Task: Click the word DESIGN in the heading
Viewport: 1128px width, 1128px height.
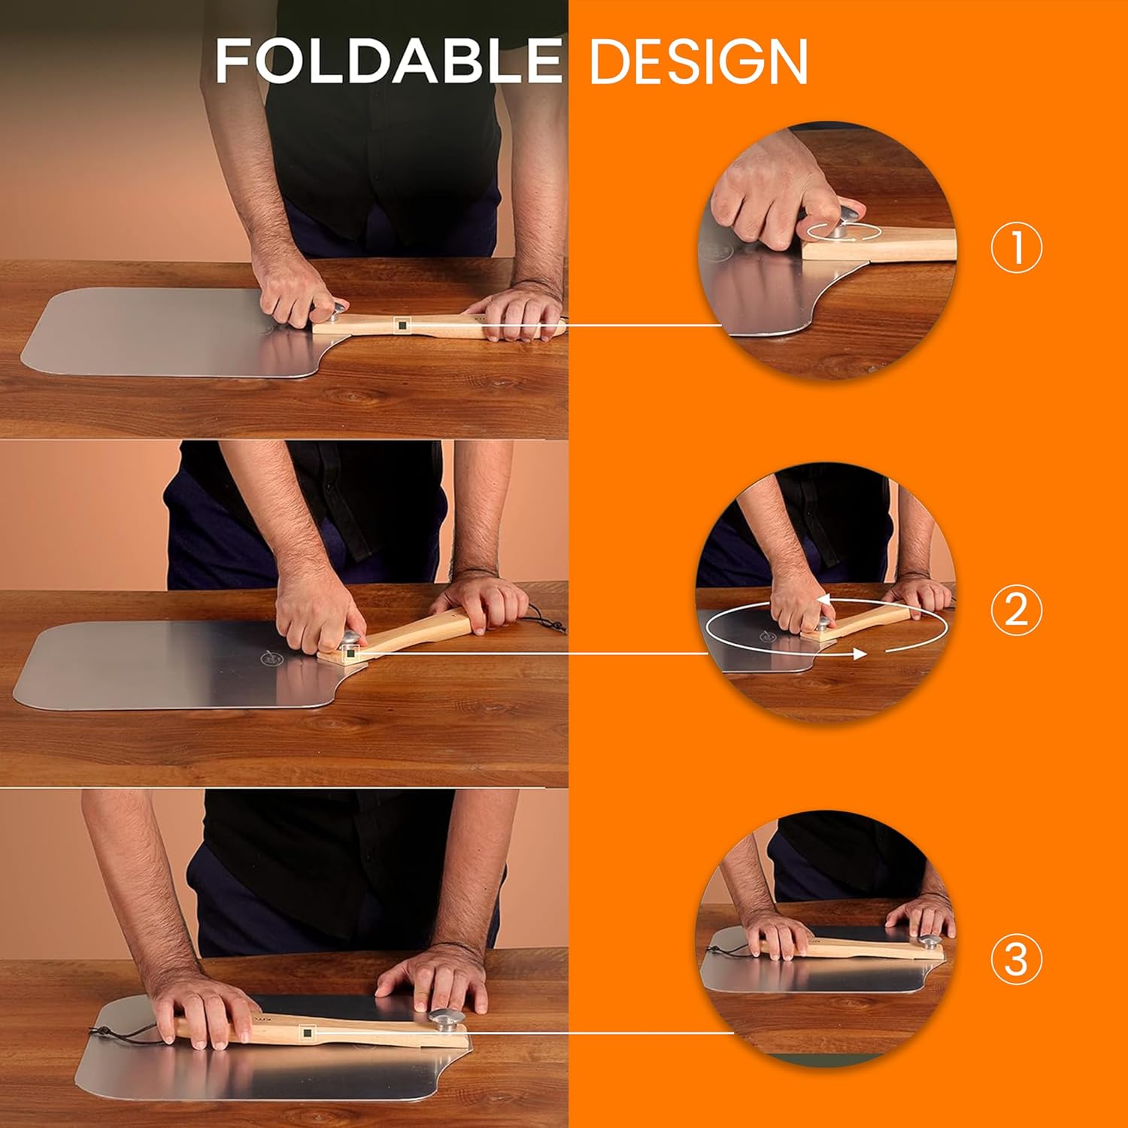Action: click(699, 62)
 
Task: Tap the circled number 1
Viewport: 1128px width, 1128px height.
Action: click(1016, 248)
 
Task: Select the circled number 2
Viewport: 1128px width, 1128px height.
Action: click(1016, 609)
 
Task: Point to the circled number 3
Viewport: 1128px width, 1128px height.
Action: click(1016, 960)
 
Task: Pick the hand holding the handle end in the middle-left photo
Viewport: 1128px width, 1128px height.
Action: click(481, 605)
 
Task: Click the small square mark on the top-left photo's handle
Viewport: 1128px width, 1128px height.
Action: click(402, 325)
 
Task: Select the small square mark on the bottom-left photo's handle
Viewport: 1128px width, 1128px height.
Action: click(307, 1033)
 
